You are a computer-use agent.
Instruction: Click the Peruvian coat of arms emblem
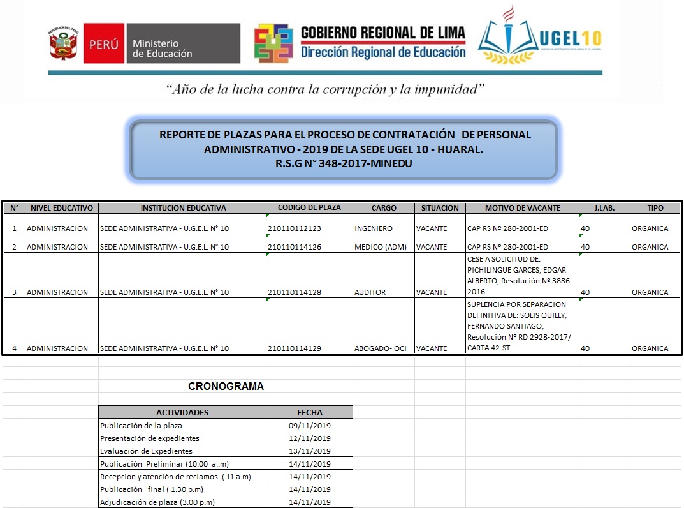tap(63, 44)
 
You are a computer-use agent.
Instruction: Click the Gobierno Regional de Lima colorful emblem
tap(273, 43)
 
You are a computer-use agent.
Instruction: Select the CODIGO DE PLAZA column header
tap(309, 207)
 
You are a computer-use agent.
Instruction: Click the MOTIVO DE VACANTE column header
tap(522, 207)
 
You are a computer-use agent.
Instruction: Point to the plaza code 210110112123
tap(295, 228)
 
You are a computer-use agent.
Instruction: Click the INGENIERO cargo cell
tap(374, 228)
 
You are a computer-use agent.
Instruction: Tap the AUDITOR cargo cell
tap(370, 292)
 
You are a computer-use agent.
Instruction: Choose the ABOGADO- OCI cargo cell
tap(381, 348)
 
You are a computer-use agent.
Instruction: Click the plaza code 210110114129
tap(295, 348)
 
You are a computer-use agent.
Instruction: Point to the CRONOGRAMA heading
tap(226, 386)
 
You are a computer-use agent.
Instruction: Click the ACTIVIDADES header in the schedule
tap(182, 412)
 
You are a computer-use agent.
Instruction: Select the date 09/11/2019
tap(310, 426)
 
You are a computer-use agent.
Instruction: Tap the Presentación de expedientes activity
tap(150, 438)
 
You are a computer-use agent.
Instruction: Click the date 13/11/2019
tap(310, 451)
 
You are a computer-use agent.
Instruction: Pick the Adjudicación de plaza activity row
tap(157, 502)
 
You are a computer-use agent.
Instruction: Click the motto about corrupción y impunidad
tap(325, 89)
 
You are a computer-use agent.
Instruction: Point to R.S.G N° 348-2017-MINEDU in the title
tap(344, 163)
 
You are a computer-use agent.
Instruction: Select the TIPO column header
tap(655, 207)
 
